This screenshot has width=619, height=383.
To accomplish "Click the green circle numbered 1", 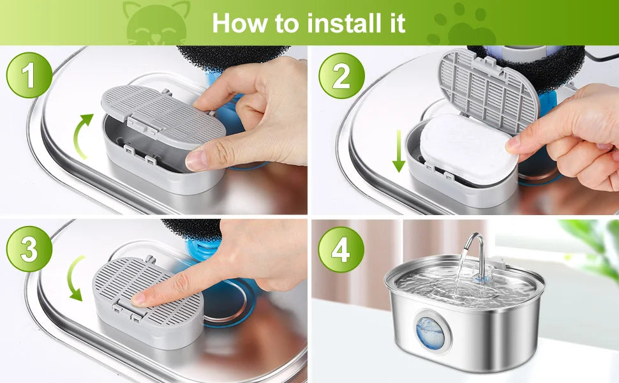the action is pos(29,75).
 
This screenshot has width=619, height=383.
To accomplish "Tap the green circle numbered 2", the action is pos(341,76).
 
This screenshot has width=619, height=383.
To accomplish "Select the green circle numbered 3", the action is pos(29,249).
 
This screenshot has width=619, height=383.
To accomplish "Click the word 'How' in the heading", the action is pos(240,23).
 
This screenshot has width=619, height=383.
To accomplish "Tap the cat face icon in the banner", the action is pos(157,23).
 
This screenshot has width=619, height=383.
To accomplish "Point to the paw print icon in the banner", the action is pos(461,24).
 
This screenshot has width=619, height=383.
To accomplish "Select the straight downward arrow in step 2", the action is pos(399,151).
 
